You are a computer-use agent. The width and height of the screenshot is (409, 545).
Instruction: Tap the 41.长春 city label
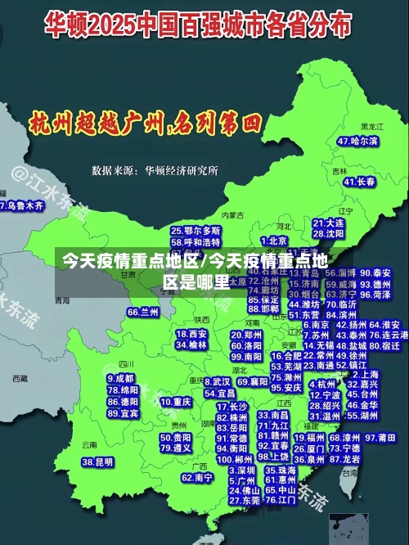(x=359, y=182)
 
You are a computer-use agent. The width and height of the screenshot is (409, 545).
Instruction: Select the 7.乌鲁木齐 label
(x=22, y=205)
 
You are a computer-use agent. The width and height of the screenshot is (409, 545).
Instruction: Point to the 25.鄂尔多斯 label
(x=196, y=231)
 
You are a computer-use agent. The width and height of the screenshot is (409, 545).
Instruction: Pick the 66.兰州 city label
(x=143, y=312)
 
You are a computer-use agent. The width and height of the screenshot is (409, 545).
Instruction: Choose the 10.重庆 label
(x=175, y=402)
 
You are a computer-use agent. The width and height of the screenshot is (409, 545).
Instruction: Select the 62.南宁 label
(x=197, y=477)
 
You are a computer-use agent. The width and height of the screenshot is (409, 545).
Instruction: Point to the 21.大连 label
(x=328, y=223)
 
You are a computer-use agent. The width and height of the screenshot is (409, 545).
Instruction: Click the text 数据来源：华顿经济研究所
(x=155, y=171)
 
